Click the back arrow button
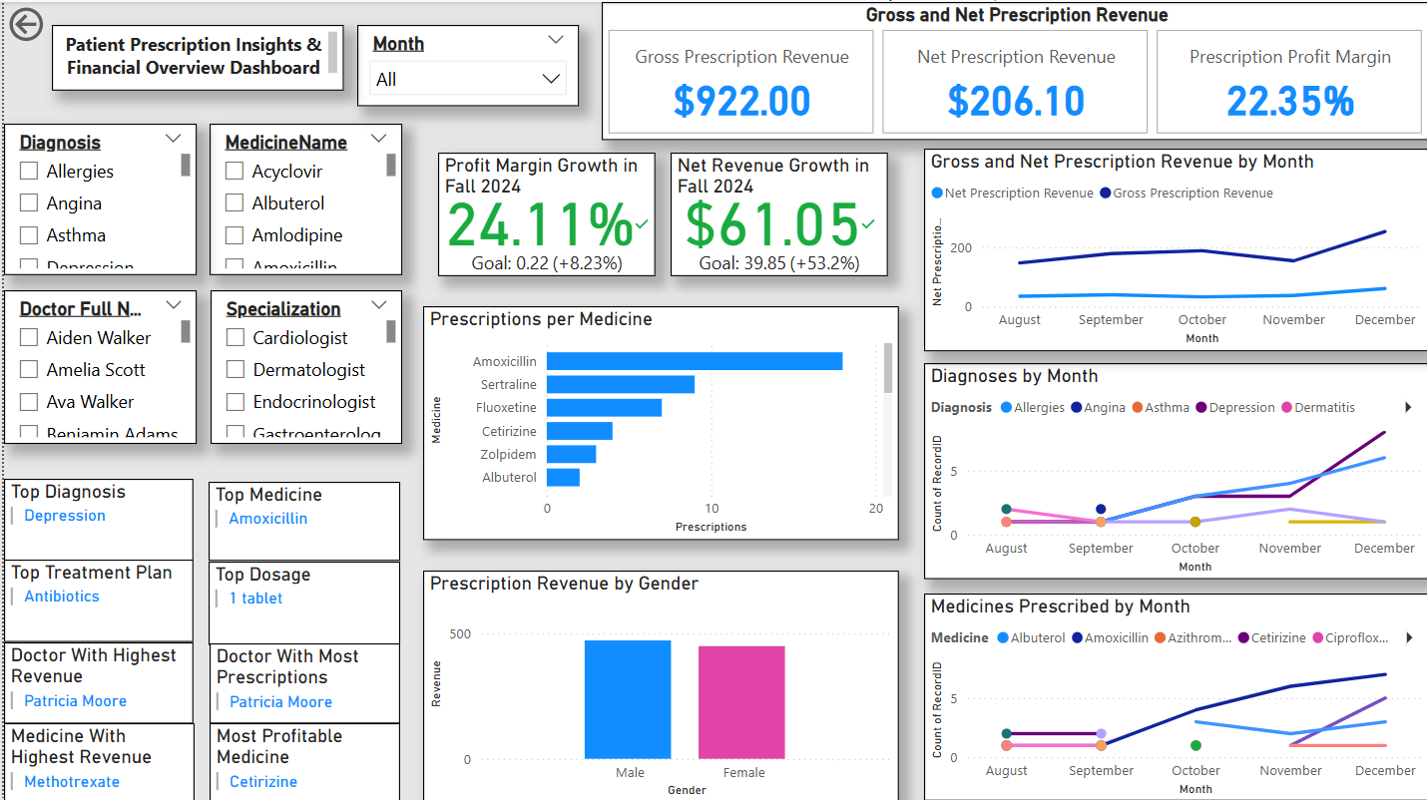click(26, 25)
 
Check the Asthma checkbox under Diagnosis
click(29, 235)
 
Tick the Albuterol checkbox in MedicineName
click(235, 203)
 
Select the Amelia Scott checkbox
click(29, 370)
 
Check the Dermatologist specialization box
click(236, 370)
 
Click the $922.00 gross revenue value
click(741, 101)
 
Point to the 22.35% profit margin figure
click(1289, 101)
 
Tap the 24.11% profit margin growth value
click(539, 224)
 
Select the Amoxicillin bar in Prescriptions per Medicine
click(694, 361)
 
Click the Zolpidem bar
click(571, 454)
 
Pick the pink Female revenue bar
click(741, 702)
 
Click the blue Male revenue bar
click(628, 699)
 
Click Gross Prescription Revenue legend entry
click(1191, 194)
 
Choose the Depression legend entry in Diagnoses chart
click(1241, 408)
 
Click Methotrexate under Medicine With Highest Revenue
click(72, 782)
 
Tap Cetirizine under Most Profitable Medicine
click(263, 782)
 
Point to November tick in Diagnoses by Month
click(1289, 549)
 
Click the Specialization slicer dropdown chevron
click(378, 305)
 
